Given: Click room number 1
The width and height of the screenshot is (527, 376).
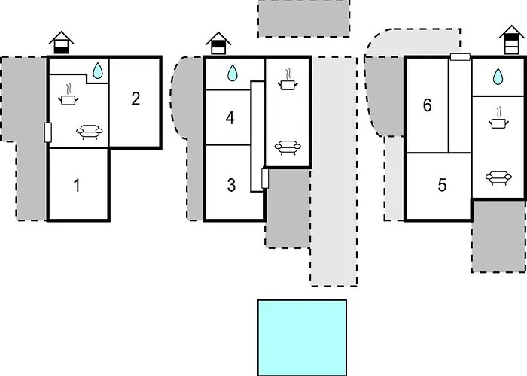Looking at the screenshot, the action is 77,185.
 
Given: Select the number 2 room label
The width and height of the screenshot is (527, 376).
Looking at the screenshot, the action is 136,99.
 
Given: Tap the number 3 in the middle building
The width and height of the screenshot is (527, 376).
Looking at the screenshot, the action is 231,185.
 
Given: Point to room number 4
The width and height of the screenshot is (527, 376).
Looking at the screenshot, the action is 230,118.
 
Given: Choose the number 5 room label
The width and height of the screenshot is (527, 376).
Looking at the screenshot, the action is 443,185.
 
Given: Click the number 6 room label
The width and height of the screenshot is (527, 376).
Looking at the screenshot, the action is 427,105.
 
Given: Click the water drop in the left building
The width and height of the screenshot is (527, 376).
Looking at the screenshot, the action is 97,71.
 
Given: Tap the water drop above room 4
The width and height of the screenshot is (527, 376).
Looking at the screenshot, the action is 232,73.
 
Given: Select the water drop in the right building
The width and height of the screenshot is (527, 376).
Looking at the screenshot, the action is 498,77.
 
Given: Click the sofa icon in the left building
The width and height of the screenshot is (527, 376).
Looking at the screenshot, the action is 90,132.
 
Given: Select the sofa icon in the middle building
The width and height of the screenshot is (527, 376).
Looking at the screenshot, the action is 288,147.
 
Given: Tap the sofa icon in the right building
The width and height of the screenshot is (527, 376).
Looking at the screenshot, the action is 498,178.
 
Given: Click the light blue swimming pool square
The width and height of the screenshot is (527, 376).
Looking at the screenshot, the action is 302,338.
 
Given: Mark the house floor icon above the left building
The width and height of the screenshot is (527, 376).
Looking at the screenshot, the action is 62,43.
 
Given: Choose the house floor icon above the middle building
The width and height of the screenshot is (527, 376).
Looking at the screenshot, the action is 218,43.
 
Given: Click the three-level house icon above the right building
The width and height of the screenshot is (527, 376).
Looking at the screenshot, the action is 512,39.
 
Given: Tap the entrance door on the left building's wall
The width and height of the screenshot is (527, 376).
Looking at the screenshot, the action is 47,132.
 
